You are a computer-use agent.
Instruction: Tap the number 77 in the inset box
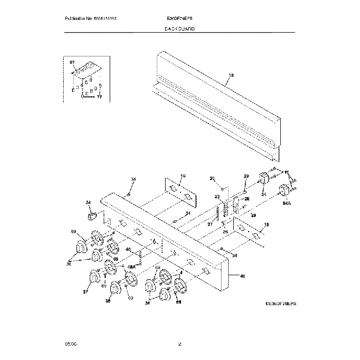100,97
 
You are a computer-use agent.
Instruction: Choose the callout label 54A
286,204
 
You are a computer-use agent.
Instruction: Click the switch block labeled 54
264,179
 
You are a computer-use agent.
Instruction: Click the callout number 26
247,198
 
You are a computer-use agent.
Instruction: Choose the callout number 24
88,203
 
